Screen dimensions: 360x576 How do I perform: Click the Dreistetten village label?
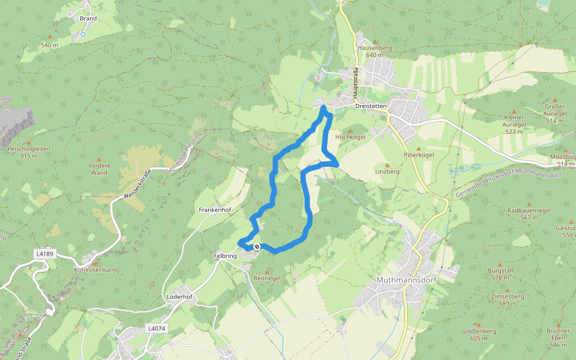coord(371,106)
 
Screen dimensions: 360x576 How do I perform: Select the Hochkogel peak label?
coord(350,137)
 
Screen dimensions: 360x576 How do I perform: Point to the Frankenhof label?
coord(215,210)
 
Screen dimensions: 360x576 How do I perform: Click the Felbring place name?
coord(226,256)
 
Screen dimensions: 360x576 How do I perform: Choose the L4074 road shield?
coord(155,329)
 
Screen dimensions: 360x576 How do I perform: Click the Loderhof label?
coord(179,297)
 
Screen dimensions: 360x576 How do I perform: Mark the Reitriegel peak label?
coord(267,278)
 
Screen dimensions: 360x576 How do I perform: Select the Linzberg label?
coord(387,172)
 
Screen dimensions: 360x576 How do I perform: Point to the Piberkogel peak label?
coord(418,155)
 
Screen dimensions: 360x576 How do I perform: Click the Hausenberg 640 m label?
coord(374,51)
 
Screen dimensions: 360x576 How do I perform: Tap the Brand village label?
coord(88,19)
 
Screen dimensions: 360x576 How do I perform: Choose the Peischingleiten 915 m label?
coord(29,152)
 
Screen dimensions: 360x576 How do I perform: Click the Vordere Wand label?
coord(98,169)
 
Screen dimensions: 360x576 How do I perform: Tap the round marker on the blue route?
coord(257,247)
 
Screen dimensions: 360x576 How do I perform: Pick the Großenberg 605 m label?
coord(479,334)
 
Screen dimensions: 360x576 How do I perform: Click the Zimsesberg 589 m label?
coord(507,300)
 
